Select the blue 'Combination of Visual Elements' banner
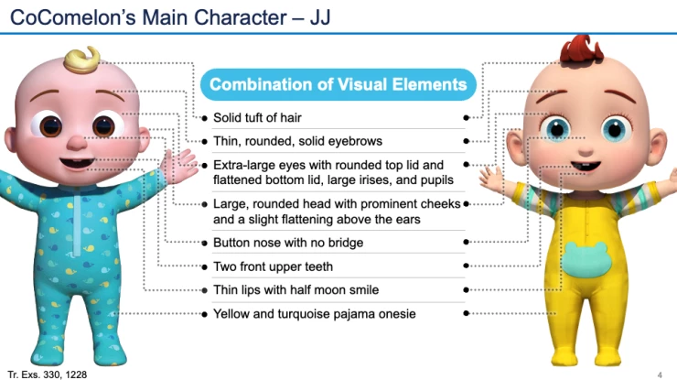click(x=338, y=85)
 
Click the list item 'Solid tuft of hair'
click(x=256, y=118)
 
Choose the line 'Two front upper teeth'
click(x=273, y=266)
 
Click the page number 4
click(x=660, y=375)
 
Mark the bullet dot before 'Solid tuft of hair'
click(x=204, y=118)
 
